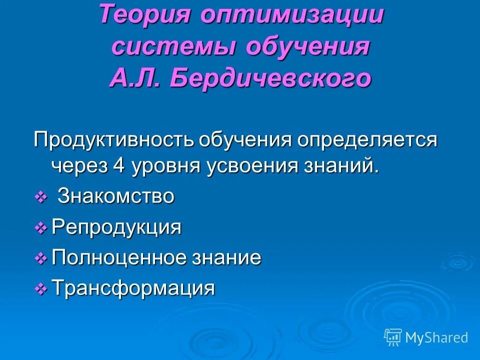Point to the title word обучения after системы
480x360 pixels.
point(307,47)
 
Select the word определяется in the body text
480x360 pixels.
point(367,140)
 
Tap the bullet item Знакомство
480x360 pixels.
point(116,196)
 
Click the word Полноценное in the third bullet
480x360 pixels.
point(119,258)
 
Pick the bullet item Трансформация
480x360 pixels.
point(133,288)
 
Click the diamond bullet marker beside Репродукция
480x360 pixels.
point(40,228)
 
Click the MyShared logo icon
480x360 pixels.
point(392,337)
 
